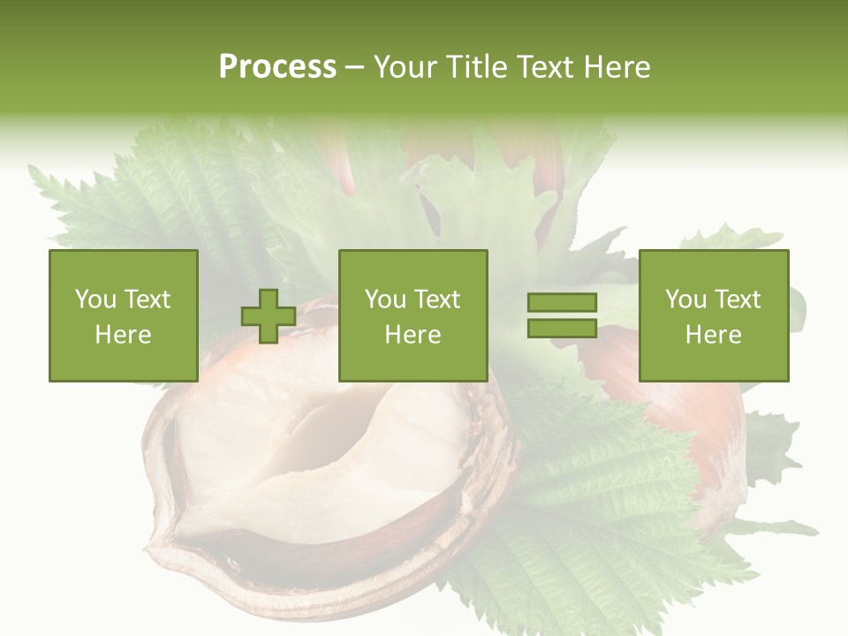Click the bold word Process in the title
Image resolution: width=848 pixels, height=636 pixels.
click(277, 67)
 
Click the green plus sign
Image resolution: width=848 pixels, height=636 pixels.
click(269, 316)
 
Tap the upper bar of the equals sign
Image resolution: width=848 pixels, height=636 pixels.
click(562, 303)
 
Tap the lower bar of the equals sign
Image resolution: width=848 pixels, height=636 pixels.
click(562, 328)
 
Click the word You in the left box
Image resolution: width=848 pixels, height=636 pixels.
click(95, 299)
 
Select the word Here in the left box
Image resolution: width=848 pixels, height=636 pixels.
click(123, 335)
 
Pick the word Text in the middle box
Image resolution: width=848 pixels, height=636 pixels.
click(436, 299)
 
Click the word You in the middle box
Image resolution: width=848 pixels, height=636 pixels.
click(385, 299)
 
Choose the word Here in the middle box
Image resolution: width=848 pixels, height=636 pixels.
click(413, 335)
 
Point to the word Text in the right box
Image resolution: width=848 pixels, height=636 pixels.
click(737, 299)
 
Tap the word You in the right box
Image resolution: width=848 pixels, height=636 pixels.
click(685, 299)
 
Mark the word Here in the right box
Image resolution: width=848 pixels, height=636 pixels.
click(713, 335)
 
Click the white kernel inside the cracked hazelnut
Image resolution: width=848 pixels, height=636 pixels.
click(318, 459)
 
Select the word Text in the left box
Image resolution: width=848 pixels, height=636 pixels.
click(147, 299)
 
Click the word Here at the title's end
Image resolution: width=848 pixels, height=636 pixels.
click(617, 67)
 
